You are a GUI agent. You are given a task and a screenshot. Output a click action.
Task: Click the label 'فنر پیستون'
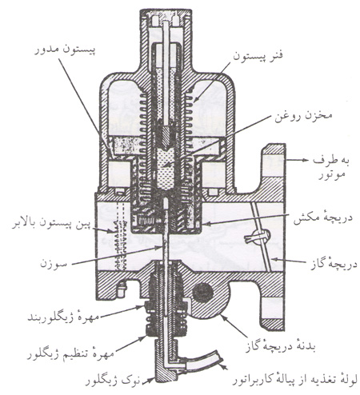pyautogui.click(x=258, y=57)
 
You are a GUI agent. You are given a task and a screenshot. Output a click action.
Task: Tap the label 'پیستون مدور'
pyautogui.click(x=65, y=50)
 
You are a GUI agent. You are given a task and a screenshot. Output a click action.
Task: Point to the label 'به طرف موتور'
pyautogui.click(x=330, y=167)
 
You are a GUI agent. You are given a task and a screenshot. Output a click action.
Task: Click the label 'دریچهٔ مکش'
pyautogui.click(x=322, y=219)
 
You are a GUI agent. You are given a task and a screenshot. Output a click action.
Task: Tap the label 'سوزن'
pyautogui.click(x=53, y=264)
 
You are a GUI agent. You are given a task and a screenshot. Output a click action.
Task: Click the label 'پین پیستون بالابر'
pyautogui.click(x=51, y=223)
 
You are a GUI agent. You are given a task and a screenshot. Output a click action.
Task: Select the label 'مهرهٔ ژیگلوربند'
pyautogui.click(x=63, y=317)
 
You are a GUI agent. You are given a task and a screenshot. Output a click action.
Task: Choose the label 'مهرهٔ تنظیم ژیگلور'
pyautogui.click(x=70, y=353)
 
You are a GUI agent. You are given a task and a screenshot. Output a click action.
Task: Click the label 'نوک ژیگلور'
pyautogui.click(x=112, y=381)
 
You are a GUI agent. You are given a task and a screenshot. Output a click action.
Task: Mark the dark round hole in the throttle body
pyautogui.click(x=203, y=293)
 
